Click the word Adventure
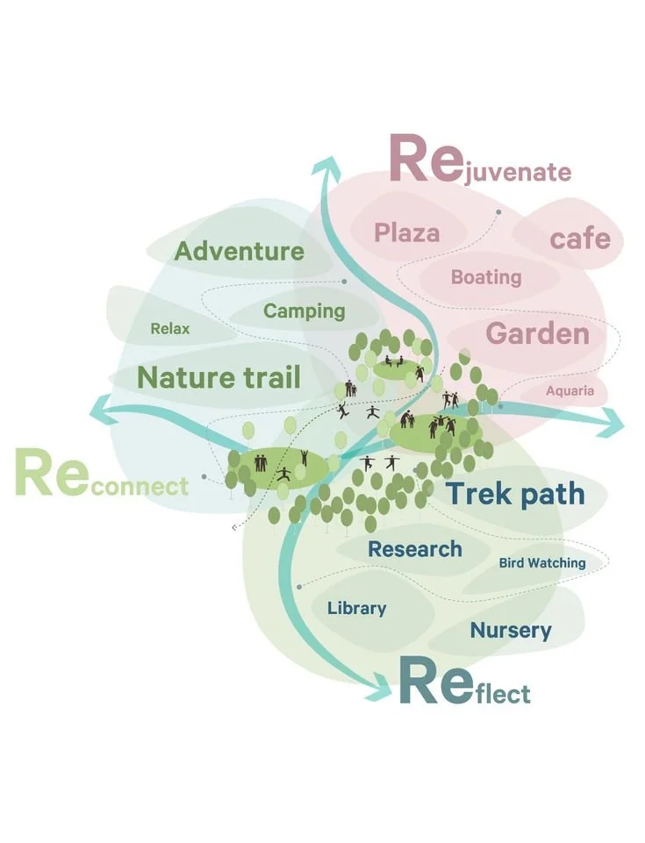click(x=239, y=252)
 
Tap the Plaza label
click(x=406, y=232)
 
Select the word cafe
click(x=580, y=238)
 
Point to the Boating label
click(x=486, y=277)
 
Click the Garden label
click(x=537, y=334)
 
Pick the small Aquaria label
click(x=570, y=391)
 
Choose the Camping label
click(x=305, y=311)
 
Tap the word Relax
click(x=170, y=330)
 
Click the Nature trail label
click(x=219, y=378)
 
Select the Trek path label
click(x=515, y=494)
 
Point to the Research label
click(x=414, y=550)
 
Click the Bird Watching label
click(x=542, y=562)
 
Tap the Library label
click(x=356, y=608)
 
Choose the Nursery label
click(x=511, y=630)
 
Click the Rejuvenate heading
click(x=479, y=162)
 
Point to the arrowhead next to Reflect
click(x=380, y=687)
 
